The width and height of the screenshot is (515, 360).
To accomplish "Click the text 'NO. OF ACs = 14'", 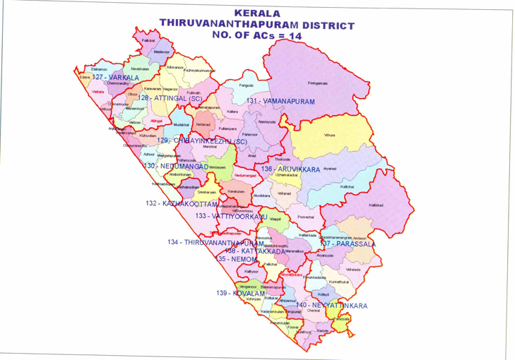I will coord(257,35).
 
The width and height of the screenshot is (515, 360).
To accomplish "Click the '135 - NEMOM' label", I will coord(235,259).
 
